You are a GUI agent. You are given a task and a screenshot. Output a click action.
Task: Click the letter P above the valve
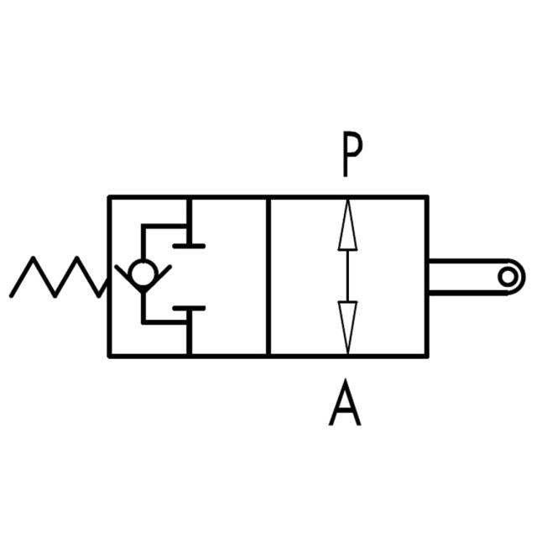(352, 155)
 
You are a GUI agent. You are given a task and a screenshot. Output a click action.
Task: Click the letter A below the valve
(345, 404)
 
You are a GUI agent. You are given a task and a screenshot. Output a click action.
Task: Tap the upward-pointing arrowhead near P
(347, 227)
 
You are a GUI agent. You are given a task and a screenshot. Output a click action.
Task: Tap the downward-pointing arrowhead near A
(347, 327)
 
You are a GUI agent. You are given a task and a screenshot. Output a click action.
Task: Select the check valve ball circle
(143, 273)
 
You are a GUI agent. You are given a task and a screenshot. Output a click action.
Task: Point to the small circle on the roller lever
(506, 276)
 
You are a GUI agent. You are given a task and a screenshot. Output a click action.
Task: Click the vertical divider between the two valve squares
(268, 277)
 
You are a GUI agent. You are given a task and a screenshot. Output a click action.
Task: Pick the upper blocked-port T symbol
(189, 235)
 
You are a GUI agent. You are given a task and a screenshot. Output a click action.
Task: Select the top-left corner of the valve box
(109, 198)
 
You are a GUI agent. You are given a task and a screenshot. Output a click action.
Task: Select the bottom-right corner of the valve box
(428, 356)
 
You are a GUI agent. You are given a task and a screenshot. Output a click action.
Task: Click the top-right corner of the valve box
(428, 198)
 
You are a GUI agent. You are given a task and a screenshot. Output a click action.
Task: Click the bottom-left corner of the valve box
(109, 356)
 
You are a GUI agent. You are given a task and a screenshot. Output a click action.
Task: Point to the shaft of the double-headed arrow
(347, 277)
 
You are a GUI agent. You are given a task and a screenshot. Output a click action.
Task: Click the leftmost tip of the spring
(11, 295)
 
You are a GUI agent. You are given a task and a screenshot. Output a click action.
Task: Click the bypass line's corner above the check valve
(143, 226)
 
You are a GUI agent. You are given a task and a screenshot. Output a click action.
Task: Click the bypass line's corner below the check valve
(143, 321)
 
